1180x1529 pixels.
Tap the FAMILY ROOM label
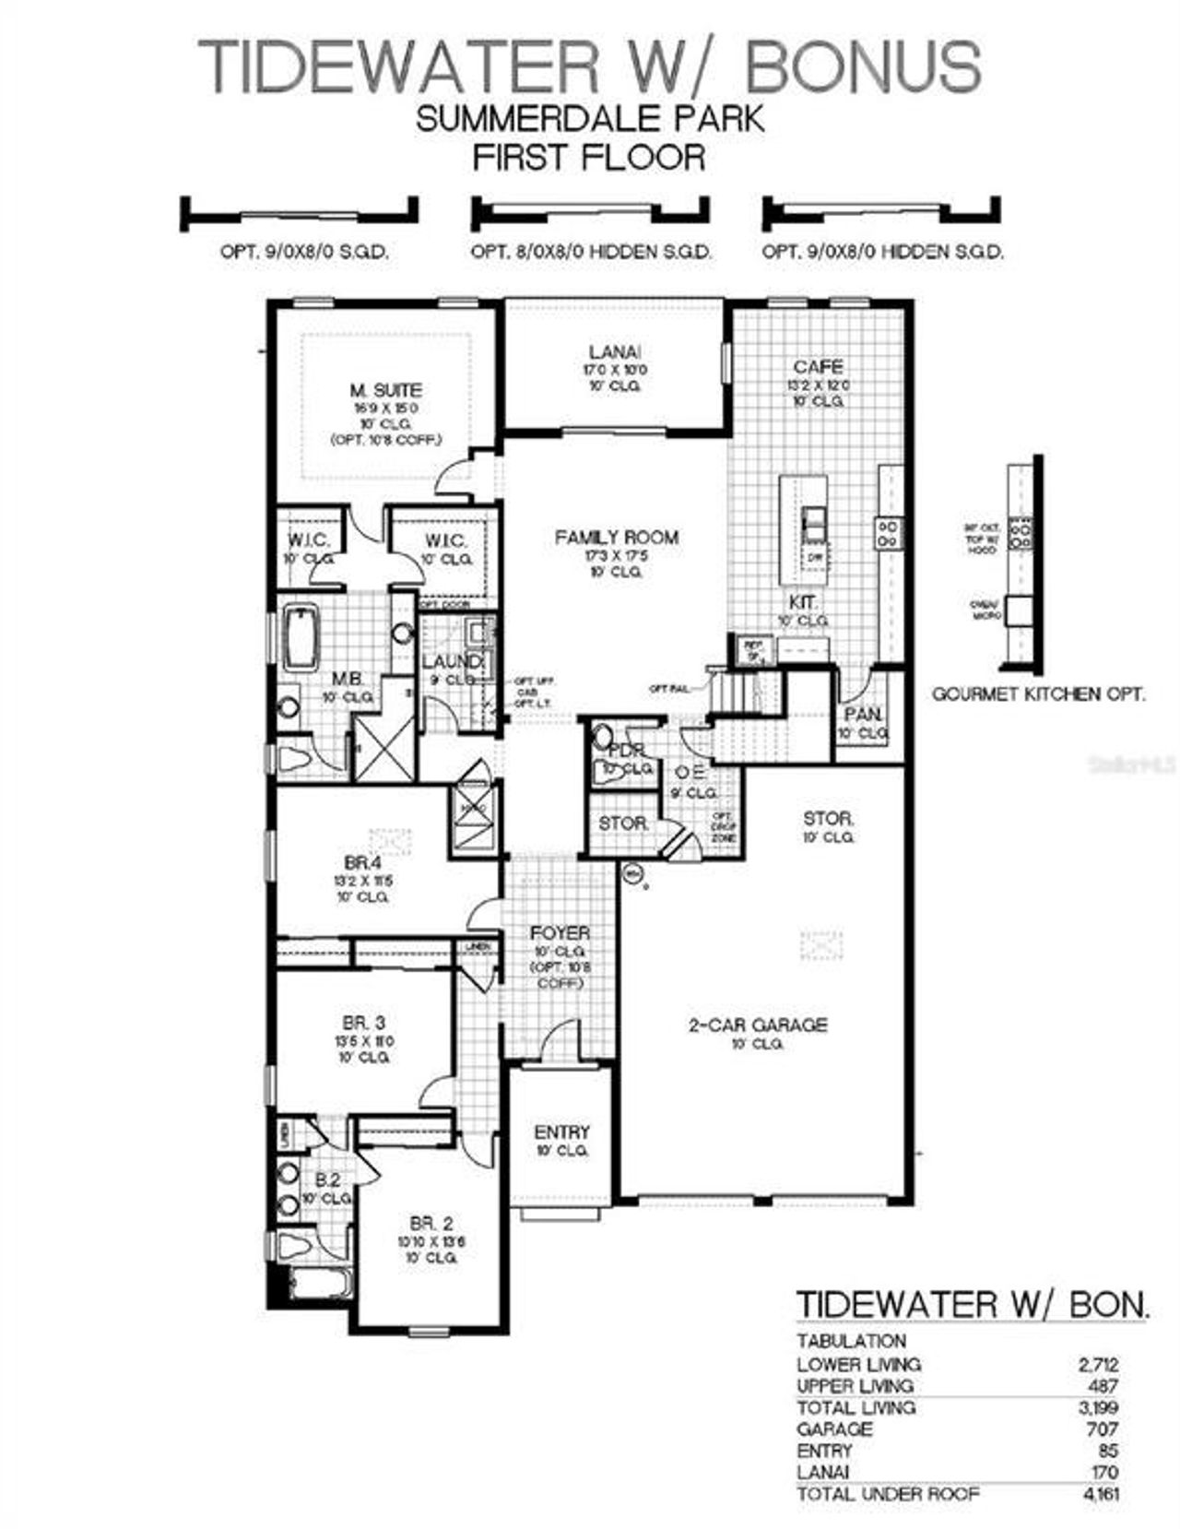pos(616,537)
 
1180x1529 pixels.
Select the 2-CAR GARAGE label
pos(758,1025)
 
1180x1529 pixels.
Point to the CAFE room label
pos(818,367)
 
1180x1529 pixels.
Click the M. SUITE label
pos(385,390)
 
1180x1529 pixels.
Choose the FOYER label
pos(560,933)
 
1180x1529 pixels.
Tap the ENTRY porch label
pos(561,1132)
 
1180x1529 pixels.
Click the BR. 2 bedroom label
pos(431,1224)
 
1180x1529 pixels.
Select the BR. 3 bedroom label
pos(364,1023)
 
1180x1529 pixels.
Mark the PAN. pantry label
pos(863,715)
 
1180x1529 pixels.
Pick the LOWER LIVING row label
pos(858,1364)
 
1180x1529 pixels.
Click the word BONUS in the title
pos(863,66)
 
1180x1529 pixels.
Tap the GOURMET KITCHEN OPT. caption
pos(1039,693)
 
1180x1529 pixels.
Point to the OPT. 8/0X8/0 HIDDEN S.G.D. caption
pos(591,251)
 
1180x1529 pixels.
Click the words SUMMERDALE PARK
pos(590,119)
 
